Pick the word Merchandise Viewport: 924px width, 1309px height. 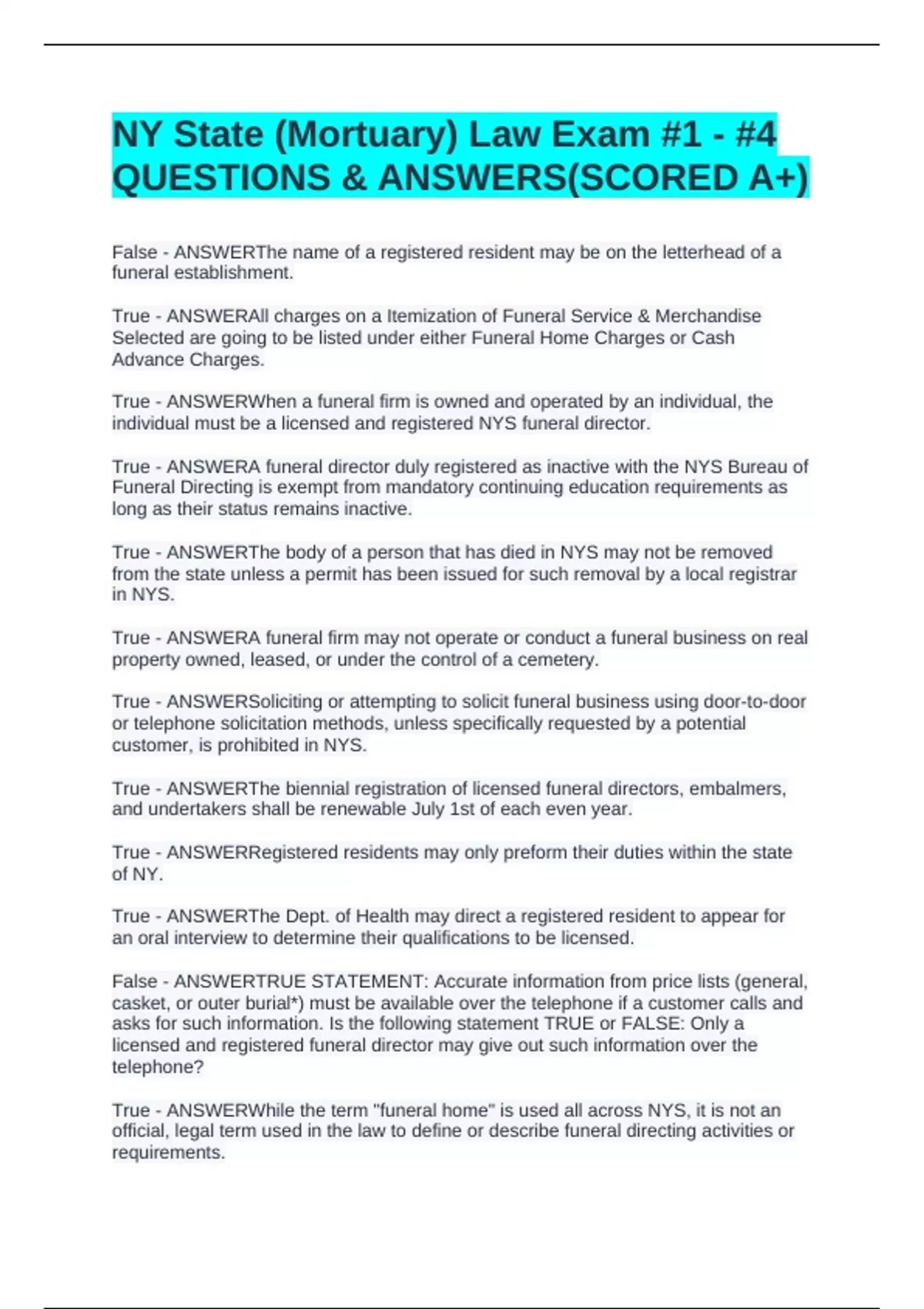(x=708, y=316)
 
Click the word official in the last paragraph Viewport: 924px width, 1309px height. (x=139, y=1131)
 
